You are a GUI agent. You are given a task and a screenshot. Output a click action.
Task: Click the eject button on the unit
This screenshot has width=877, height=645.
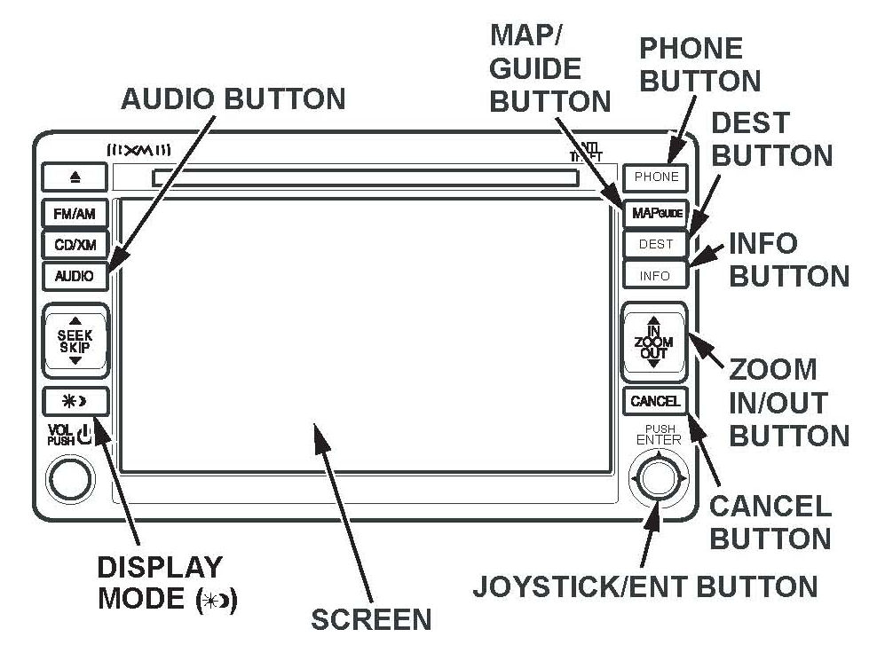click(x=75, y=177)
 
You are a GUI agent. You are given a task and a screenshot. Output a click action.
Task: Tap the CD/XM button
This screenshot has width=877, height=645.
click(x=75, y=245)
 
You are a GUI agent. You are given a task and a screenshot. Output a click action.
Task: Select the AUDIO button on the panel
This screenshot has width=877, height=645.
click(x=75, y=276)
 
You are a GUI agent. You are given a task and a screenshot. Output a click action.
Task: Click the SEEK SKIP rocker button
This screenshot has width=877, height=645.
click(x=75, y=342)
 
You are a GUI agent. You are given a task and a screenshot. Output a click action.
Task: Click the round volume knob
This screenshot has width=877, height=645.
click(x=70, y=478)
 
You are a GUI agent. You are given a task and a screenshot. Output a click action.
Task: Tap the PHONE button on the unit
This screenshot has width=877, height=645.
click(x=656, y=177)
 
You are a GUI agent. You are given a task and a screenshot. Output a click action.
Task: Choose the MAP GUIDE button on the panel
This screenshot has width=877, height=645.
click(x=656, y=214)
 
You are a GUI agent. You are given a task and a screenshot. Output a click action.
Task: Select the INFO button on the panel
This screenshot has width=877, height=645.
click(x=655, y=276)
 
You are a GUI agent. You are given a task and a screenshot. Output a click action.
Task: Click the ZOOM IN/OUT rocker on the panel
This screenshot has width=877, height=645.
click(x=654, y=342)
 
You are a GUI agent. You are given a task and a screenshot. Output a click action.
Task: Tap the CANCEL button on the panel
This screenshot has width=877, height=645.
click(x=655, y=402)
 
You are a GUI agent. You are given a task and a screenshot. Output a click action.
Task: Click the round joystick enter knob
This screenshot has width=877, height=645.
click(x=658, y=478)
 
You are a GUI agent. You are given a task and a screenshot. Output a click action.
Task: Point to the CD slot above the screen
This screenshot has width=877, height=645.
click(x=365, y=178)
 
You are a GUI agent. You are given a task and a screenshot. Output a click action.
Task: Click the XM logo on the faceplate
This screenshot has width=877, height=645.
click(x=146, y=152)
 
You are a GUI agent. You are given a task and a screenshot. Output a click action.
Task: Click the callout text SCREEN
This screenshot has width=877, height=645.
click(x=371, y=619)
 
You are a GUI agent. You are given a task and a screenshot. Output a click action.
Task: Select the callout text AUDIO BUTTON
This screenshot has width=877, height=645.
click(x=233, y=99)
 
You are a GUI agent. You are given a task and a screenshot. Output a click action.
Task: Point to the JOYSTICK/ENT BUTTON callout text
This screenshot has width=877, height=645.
click(x=644, y=586)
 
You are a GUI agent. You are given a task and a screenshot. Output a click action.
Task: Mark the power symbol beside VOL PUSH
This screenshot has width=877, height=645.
click(x=85, y=436)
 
